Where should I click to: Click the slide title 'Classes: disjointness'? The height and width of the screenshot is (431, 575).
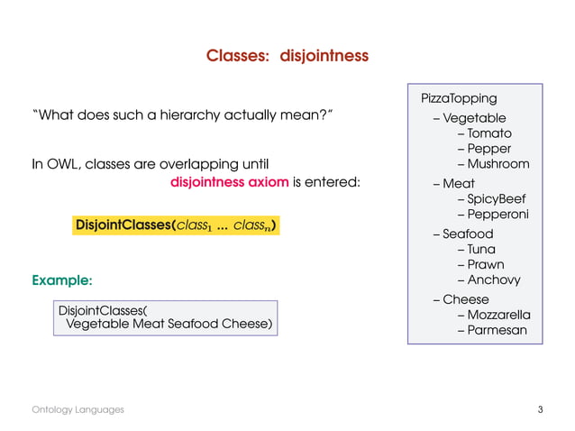[287, 56]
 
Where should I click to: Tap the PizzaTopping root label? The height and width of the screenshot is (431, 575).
[459, 97]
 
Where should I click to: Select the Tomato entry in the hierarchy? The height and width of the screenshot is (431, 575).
[488, 133]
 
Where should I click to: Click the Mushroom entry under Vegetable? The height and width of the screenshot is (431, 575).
[497, 164]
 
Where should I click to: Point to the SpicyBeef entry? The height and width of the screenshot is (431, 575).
[497, 199]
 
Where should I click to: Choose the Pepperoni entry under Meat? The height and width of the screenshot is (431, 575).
[497, 215]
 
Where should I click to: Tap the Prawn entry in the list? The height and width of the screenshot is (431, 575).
[486, 264]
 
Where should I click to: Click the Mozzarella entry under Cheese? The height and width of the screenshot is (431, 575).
[498, 315]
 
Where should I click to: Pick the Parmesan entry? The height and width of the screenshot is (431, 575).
[497, 330]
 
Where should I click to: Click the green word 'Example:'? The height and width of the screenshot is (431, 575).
[62, 280]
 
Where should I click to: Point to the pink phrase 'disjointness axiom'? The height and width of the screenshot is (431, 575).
[229, 182]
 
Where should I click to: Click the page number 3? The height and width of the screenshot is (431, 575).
[540, 410]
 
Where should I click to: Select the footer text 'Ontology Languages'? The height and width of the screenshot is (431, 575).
[78, 410]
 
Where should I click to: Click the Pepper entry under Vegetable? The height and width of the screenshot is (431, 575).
[489, 149]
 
